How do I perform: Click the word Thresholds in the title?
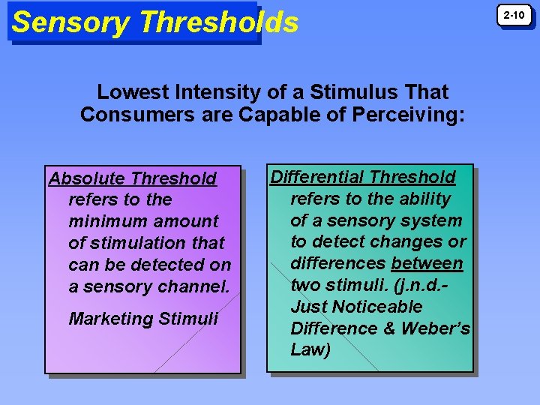[x=218, y=22]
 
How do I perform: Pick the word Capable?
[x=274, y=115]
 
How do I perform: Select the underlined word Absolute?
[x=86, y=178]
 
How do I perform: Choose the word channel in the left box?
[x=194, y=286]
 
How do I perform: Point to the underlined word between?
[x=427, y=264]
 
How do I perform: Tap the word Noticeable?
[x=377, y=307]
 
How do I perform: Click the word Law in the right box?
[x=310, y=350]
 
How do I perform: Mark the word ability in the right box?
[x=424, y=199]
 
